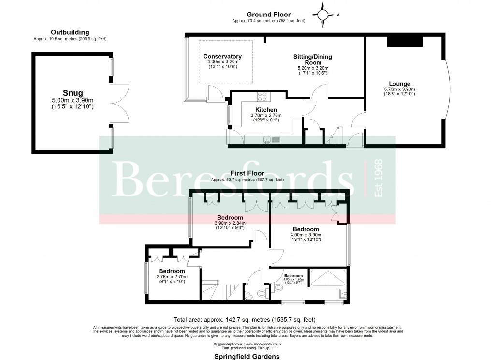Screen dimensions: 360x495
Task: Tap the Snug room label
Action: point(72,93)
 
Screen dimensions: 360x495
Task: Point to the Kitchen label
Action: point(266,110)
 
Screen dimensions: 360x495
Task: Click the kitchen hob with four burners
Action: point(263,96)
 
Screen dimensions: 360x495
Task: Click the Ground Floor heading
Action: point(268,15)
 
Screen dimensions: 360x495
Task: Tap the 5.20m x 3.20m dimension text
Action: point(312,68)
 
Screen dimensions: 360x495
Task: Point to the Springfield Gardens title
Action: point(247,356)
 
